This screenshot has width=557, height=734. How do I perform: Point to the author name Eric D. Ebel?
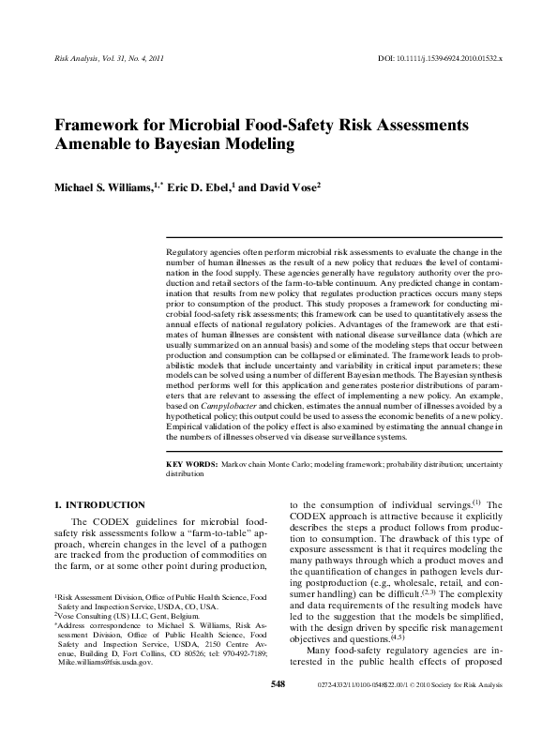pyautogui.click(x=199, y=187)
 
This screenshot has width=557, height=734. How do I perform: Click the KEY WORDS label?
pyautogui.click(x=191, y=464)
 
